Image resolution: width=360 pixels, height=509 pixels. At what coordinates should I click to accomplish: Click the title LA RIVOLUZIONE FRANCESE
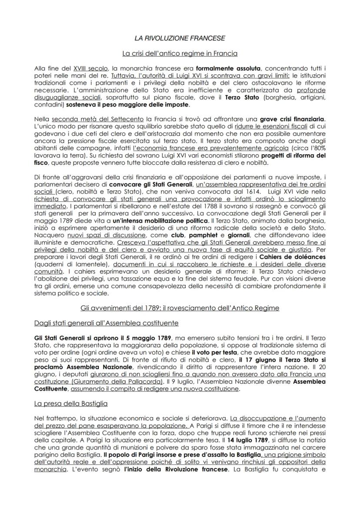click(x=180, y=38)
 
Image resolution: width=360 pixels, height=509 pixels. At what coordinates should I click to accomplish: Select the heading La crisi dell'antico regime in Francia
click(x=180, y=54)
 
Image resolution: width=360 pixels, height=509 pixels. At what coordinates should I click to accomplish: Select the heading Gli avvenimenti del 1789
click(x=180, y=308)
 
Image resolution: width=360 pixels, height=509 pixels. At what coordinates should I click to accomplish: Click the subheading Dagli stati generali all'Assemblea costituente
click(x=106, y=323)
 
